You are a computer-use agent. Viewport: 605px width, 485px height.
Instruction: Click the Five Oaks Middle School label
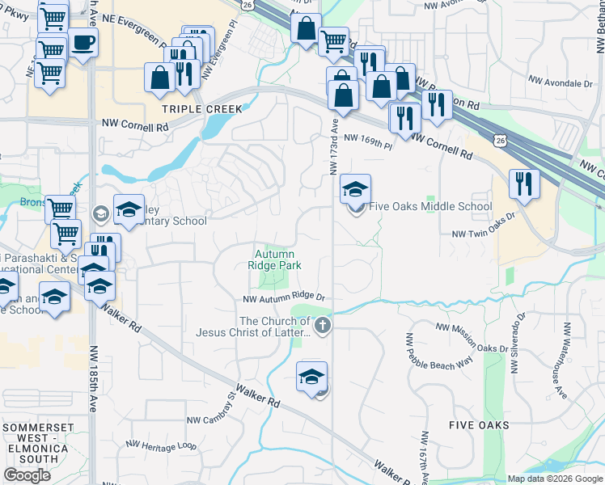pyautogui.click(x=430, y=206)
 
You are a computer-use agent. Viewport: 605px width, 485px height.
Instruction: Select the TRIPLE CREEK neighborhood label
pyautogui.click(x=192, y=108)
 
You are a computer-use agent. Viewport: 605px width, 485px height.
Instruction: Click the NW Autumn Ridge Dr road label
pyautogui.click(x=284, y=298)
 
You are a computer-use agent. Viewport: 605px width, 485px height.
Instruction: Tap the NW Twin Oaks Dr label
pyautogui.click(x=484, y=234)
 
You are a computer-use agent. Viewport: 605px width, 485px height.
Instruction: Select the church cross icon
pyautogui.click(x=323, y=327)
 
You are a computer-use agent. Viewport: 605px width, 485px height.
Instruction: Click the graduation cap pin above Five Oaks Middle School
pyautogui.click(x=355, y=189)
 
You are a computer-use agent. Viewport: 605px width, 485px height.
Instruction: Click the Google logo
pyautogui.click(x=27, y=475)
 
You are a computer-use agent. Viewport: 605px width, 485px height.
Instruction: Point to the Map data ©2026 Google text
pyautogui.click(x=555, y=479)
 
